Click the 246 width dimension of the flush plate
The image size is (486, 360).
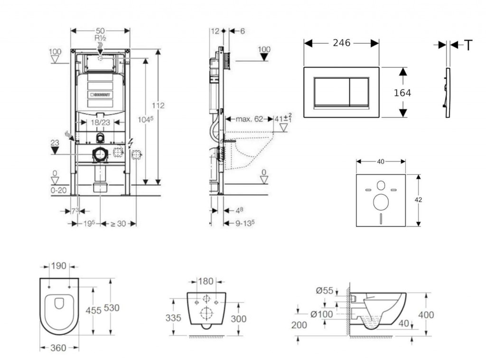341,43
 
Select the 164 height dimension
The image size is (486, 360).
402,93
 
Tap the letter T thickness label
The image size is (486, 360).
468,45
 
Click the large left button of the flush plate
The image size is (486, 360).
330,91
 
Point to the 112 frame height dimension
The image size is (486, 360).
158,105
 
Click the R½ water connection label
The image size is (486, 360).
100,38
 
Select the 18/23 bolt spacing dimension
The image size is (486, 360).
100,122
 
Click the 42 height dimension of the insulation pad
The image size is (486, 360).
418,200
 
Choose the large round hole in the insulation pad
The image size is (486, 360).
381,202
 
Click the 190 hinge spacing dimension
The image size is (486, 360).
59,266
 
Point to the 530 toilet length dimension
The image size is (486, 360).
112,308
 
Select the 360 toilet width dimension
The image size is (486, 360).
58,348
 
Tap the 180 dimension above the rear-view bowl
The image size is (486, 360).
206,281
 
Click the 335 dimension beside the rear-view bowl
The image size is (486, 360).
173,318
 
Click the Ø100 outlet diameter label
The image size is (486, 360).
322,314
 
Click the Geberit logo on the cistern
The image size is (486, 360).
101,94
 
